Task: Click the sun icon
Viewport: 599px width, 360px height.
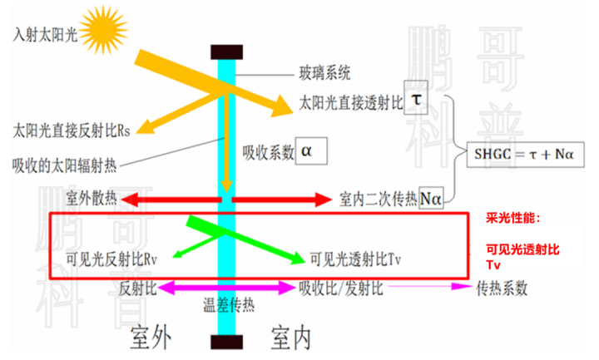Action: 103,30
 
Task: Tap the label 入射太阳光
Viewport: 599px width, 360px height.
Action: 45,35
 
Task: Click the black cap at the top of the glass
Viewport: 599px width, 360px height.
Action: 226,52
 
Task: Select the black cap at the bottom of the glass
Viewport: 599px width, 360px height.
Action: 226,342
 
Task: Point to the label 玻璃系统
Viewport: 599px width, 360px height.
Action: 324,72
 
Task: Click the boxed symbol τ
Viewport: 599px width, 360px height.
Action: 416,97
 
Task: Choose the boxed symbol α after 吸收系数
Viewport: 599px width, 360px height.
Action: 311,150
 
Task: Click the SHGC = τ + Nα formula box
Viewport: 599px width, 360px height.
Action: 525,155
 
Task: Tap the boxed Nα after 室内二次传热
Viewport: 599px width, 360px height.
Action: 431,198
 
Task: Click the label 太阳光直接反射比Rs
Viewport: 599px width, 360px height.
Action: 72,131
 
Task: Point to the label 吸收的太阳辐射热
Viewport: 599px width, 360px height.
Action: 64,165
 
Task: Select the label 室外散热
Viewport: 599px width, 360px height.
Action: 91,198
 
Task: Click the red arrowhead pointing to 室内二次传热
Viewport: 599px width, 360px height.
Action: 323,200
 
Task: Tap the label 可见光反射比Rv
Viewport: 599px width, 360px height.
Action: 111,259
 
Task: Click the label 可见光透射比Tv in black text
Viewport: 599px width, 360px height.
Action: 355,259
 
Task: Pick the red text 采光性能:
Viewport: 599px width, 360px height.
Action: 513,219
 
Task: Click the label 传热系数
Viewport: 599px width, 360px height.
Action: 502,288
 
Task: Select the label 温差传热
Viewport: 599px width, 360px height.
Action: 229,305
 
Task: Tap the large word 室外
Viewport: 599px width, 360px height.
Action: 151,338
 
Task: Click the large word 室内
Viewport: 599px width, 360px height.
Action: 290,338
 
